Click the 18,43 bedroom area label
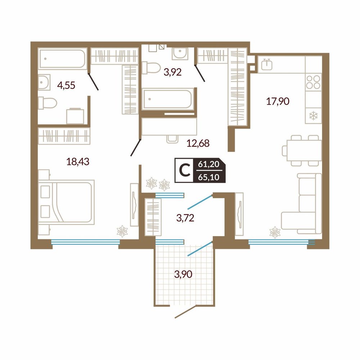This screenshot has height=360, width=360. point(78,162)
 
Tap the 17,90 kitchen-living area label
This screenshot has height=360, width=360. point(278,101)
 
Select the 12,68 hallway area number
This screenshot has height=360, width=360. point(198,143)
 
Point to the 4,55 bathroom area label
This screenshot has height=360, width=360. point(66,85)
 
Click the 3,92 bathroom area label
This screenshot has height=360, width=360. point(172,72)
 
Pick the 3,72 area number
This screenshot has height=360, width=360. point(185,218)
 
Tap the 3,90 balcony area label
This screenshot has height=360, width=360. point(183,274)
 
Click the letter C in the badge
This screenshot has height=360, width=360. point(184,170)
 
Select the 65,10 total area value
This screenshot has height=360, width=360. point(209,177)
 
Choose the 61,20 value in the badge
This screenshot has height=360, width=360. point(209,165)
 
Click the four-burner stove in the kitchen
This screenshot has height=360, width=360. point(313,82)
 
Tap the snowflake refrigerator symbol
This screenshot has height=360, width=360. point(313,116)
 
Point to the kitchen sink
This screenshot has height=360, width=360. point(266,64)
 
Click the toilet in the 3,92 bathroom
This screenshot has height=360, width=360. point(151,68)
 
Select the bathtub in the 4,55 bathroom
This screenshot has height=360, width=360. point(62,59)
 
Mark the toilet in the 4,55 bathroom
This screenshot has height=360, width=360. point(47,103)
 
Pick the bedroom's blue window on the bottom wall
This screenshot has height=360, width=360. point(85,242)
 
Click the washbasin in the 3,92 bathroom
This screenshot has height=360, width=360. point(180,54)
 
